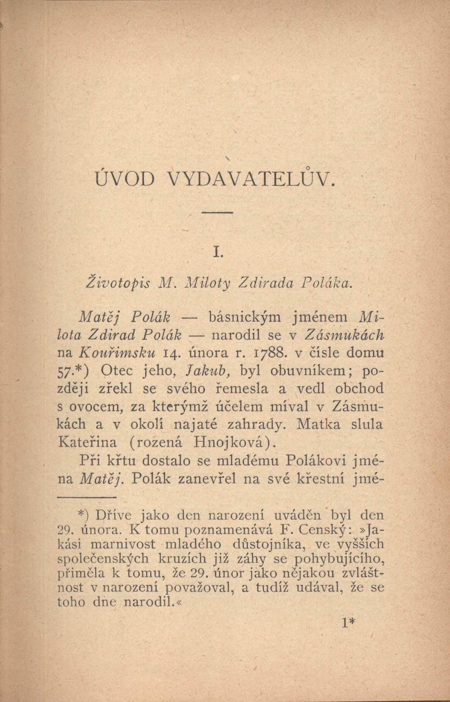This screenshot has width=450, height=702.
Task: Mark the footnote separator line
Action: pyautogui.click(x=85, y=497)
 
